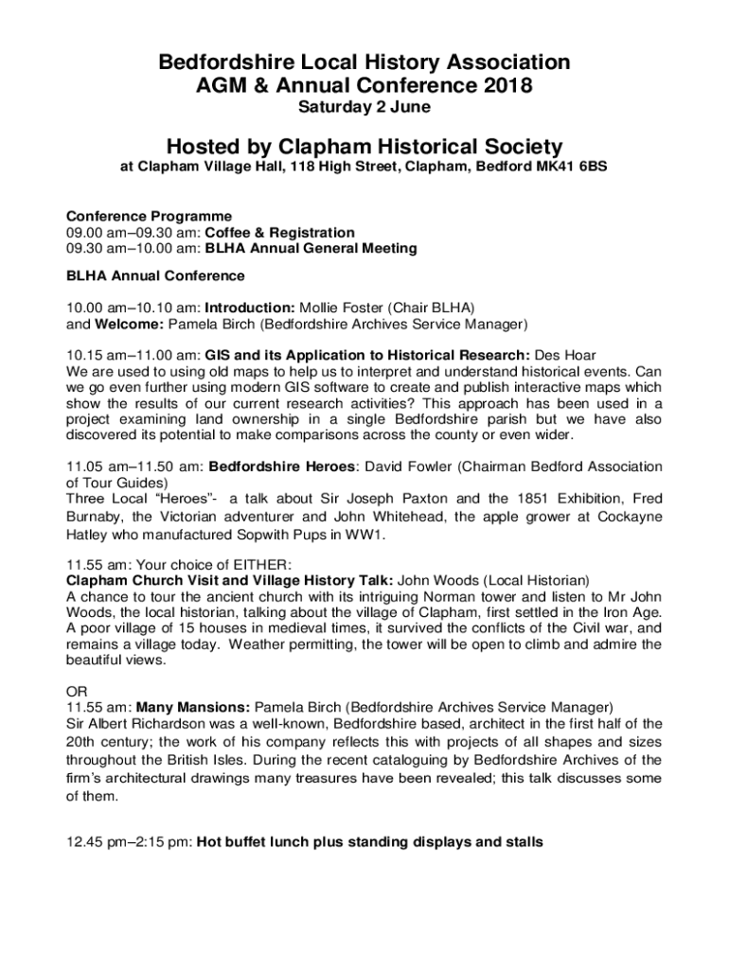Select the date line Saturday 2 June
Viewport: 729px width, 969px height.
click(364, 108)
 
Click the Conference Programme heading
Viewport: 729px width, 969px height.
click(149, 217)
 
